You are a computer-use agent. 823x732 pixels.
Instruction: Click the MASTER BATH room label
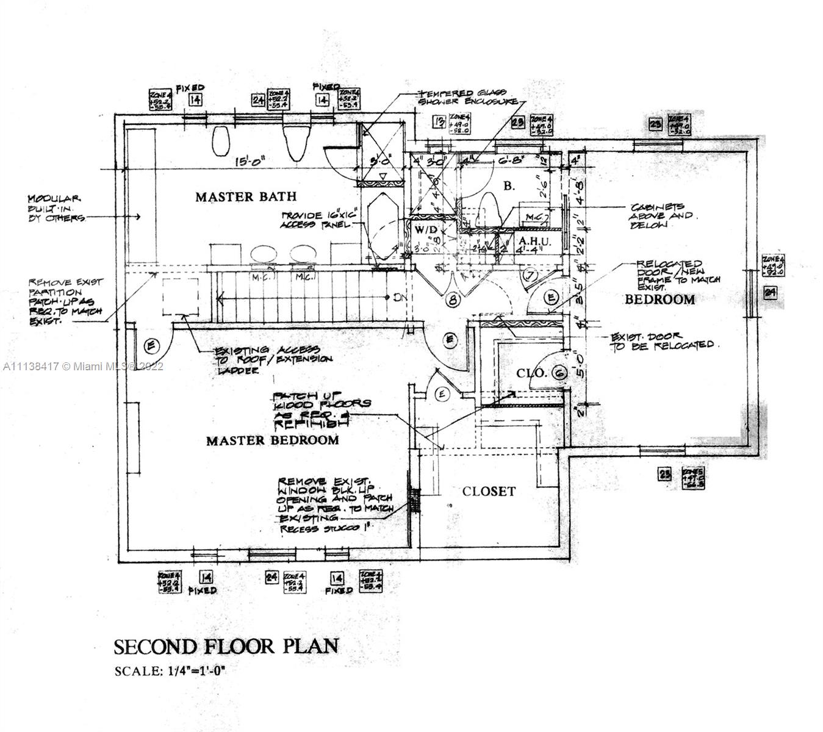246,196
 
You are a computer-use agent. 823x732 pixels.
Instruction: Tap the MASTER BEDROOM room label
272,440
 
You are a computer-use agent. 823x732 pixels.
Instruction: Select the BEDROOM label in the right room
659,300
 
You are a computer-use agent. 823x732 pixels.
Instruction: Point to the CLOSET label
489,491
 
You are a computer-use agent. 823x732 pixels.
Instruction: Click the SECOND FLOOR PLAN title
226,646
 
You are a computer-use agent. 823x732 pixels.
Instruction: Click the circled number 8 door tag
452,300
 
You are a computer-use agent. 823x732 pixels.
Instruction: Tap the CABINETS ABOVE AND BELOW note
660,216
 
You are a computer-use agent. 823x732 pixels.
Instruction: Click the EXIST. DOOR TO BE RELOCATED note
663,342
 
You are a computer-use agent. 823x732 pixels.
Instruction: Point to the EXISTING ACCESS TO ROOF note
273,359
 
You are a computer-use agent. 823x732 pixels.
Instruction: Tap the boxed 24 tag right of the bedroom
771,293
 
